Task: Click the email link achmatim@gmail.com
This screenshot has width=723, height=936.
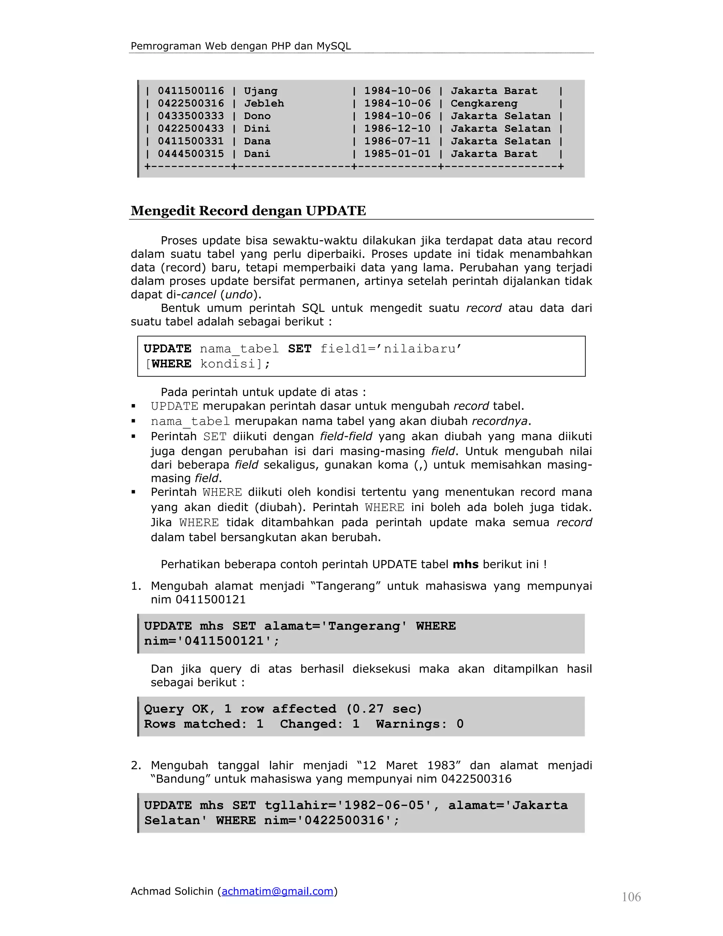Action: click(277, 891)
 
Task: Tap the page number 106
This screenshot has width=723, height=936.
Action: click(631, 897)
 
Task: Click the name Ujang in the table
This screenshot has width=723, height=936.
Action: click(261, 91)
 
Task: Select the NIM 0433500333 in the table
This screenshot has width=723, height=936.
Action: click(191, 116)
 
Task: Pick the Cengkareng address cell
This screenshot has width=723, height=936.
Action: click(484, 103)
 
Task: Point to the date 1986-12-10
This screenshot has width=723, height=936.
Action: click(397, 129)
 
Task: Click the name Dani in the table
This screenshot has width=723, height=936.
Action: click(257, 154)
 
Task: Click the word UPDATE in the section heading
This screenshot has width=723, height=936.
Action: click(336, 211)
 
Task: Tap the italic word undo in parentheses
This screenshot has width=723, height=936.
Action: click(239, 295)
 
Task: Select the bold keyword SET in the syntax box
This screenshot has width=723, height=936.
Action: click(299, 349)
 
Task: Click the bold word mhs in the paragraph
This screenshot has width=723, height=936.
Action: click(465, 564)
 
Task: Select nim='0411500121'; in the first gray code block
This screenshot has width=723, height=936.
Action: click(211, 641)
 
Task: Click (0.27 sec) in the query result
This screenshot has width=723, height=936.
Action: click(384, 709)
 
